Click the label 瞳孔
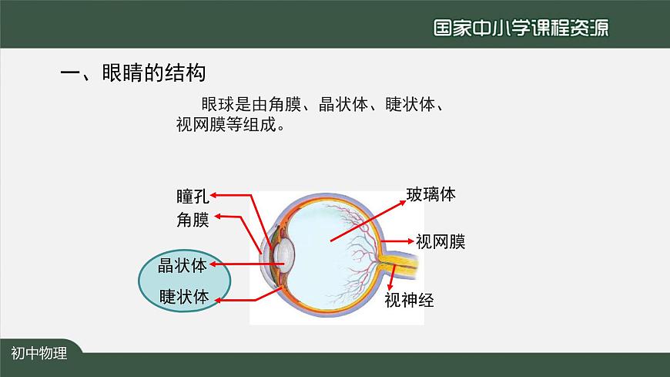pyautogui.click(x=192, y=195)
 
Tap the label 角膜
pyautogui.click(x=193, y=220)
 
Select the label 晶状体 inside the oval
pyautogui.click(x=183, y=266)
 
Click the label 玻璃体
pyautogui.click(x=431, y=194)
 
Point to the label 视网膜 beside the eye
pyautogui.click(x=441, y=242)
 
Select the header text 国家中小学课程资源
pyautogui.click(x=520, y=28)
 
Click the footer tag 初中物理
pyautogui.click(x=39, y=354)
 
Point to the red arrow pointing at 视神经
pyautogui.click(x=391, y=276)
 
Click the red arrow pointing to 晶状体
pyautogui.click(x=246, y=264)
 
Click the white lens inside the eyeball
pyautogui.click(x=285, y=251)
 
